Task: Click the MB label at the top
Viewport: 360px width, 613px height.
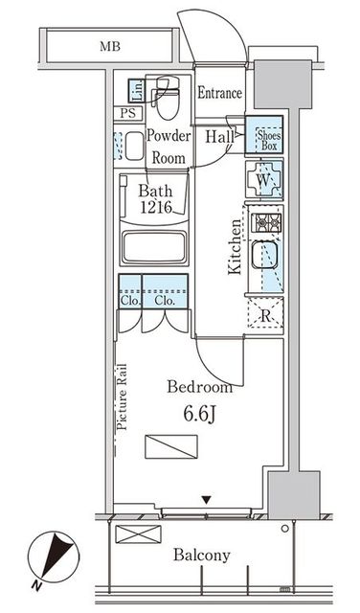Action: point(110,47)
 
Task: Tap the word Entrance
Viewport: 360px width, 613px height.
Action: point(219,93)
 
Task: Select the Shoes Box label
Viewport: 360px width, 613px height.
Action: point(269,141)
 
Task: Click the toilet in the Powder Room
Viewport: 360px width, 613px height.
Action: point(169,98)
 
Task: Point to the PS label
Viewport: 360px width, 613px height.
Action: point(127,114)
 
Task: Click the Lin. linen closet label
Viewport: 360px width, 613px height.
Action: point(137,91)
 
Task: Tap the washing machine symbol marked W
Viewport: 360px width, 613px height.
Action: point(264,180)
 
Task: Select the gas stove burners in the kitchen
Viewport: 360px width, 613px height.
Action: point(266,223)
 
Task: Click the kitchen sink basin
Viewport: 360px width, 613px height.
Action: point(264,255)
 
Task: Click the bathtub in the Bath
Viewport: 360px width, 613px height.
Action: point(154,248)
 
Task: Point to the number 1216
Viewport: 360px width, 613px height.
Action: point(157,208)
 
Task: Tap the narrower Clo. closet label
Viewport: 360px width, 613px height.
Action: point(130,302)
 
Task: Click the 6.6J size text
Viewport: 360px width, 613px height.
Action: point(199,415)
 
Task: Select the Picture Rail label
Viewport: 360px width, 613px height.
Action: point(123,397)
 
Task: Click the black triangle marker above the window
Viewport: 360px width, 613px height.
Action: point(207,500)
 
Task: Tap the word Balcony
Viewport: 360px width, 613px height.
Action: point(202,556)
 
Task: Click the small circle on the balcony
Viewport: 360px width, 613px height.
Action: point(285,529)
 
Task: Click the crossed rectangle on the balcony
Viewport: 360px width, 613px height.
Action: point(139,534)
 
